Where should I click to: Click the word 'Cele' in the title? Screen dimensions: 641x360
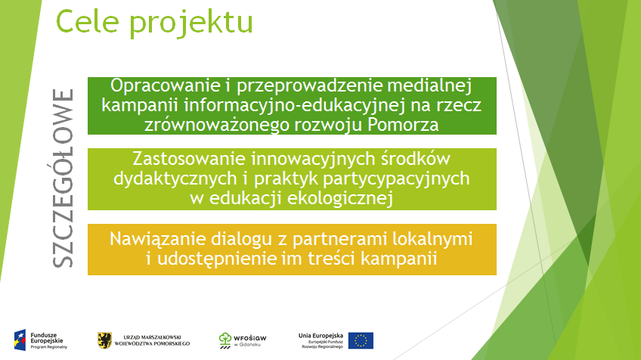click(x=88, y=21)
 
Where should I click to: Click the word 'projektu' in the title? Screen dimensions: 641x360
click(x=191, y=24)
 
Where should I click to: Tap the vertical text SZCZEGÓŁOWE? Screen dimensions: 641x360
click(x=63, y=178)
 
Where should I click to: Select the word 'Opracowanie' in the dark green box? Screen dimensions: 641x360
click(x=165, y=86)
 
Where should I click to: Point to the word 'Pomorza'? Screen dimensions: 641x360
click(x=403, y=124)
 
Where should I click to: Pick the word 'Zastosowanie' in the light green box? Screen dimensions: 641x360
click(x=189, y=159)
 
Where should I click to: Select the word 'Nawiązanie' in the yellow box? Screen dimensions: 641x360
click(x=157, y=239)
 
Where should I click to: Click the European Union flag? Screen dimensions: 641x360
click(x=361, y=340)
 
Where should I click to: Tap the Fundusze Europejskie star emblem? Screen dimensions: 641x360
click(x=20, y=340)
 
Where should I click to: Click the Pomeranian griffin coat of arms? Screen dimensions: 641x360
click(x=104, y=340)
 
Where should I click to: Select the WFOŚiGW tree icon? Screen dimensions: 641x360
click(x=225, y=340)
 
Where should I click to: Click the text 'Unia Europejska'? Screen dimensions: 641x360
click(x=321, y=336)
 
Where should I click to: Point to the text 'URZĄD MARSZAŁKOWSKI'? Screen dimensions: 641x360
click(x=152, y=337)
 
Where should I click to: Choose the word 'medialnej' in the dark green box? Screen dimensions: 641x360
click(x=429, y=85)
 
